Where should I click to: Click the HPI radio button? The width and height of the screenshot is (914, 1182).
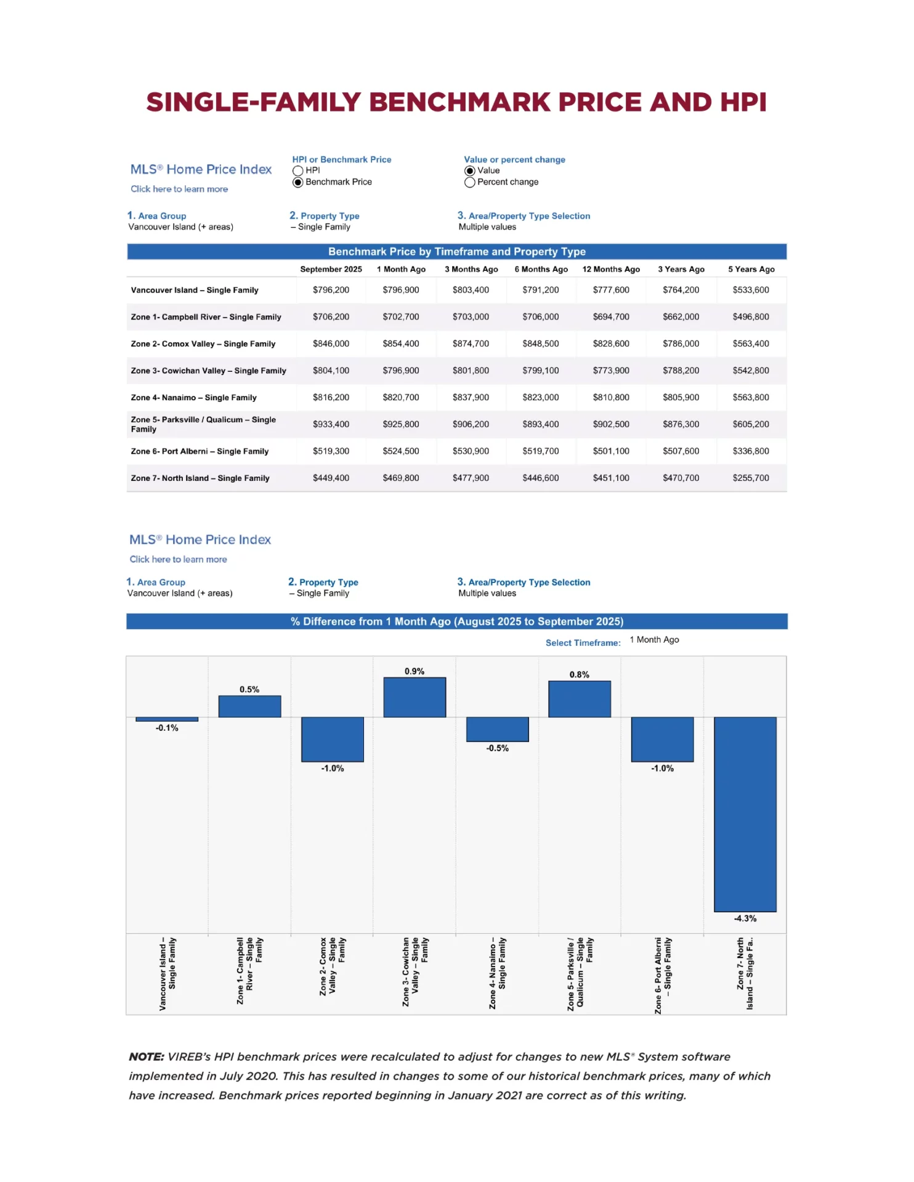point(298,171)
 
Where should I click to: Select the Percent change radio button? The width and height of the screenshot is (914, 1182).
point(470,182)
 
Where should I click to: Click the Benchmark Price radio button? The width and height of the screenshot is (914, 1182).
point(298,182)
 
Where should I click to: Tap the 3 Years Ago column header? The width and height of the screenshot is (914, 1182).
point(681,269)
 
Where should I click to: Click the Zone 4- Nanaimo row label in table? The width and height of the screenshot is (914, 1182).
point(193,398)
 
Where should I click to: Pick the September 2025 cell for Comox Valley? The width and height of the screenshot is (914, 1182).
point(331,344)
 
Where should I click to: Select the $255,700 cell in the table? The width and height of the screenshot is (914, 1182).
point(750,478)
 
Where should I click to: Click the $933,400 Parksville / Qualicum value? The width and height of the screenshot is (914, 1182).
point(331,424)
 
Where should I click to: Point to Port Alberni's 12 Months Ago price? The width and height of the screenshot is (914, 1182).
point(611,451)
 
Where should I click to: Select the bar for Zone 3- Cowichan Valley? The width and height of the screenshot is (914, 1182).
point(415,698)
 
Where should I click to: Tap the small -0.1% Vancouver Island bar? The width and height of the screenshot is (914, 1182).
point(167,719)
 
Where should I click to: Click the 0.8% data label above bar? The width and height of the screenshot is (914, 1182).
point(579,675)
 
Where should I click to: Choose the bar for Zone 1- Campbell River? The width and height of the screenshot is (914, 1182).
point(249,707)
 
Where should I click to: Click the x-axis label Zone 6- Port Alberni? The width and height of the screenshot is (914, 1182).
point(663,974)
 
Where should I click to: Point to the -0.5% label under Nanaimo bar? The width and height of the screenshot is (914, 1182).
point(497,749)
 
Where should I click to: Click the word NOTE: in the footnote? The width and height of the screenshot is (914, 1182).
point(147,1057)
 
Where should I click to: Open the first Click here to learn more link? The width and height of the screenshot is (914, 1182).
point(179,189)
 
